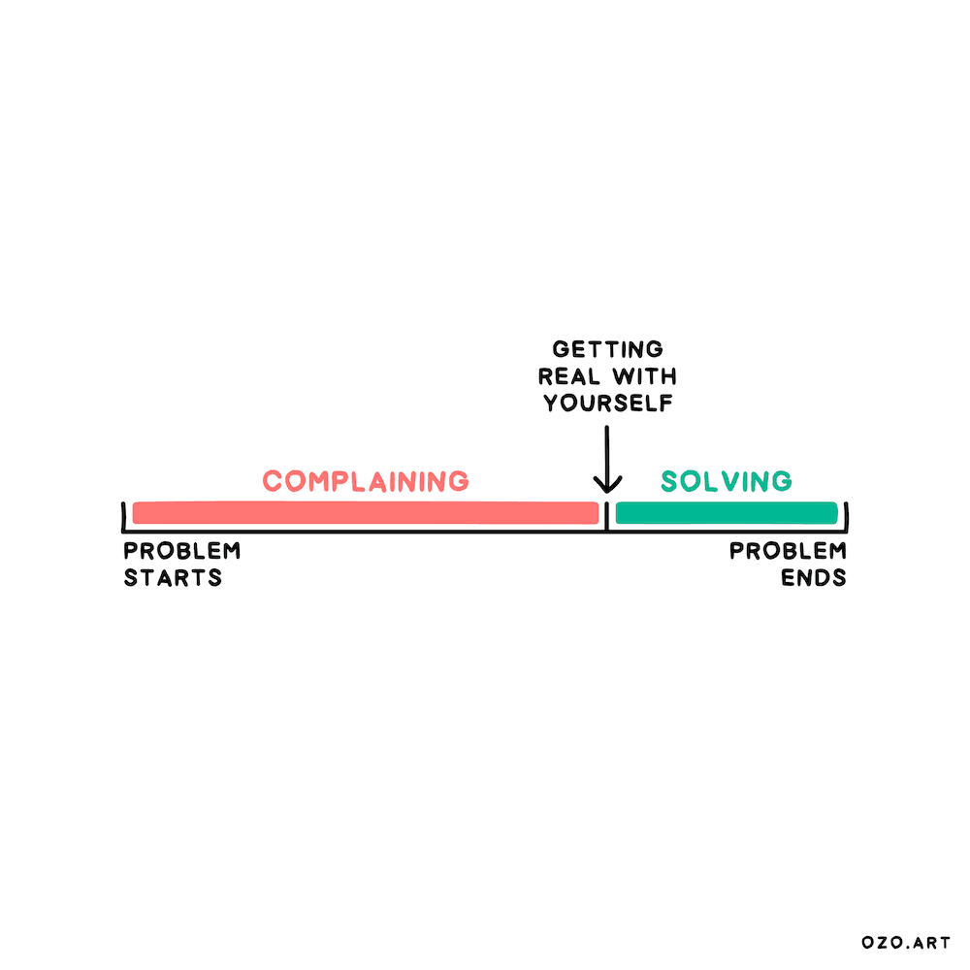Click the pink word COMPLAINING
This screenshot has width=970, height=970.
click(x=366, y=480)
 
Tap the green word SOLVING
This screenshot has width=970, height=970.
click(x=726, y=480)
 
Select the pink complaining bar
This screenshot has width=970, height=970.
click(x=365, y=512)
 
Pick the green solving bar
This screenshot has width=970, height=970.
click(x=726, y=512)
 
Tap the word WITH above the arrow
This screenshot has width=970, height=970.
click(x=642, y=376)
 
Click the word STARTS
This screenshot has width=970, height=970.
click(x=173, y=578)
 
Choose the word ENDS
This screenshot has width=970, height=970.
click(x=815, y=578)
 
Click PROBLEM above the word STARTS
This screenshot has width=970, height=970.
click(x=182, y=551)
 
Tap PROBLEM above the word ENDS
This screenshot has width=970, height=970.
click(x=788, y=551)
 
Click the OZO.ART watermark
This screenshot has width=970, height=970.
click(x=906, y=942)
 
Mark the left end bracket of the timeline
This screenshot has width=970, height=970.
click(x=124, y=518)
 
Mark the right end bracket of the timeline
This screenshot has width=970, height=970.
click(x=846, y=518)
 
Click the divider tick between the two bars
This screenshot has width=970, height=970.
click(x=607, y=516)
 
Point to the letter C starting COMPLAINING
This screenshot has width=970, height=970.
click(x=273, y=480)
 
